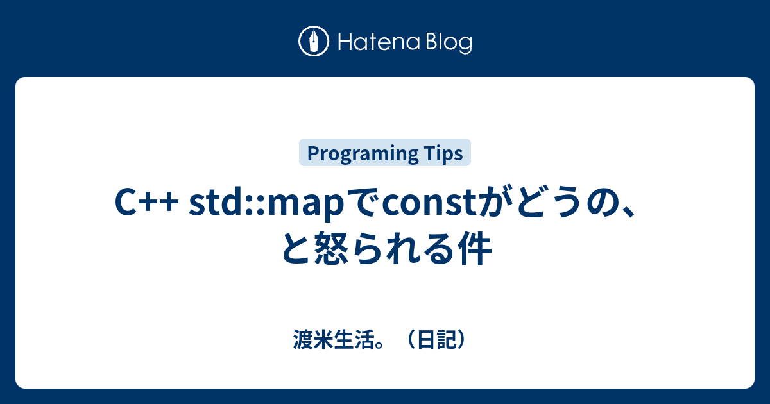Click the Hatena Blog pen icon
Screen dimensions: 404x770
314,42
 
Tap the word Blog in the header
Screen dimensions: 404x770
447,42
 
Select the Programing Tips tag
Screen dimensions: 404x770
385,153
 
